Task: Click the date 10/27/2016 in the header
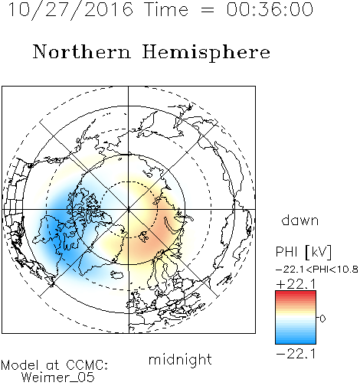click(70, 10)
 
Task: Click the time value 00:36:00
click(270, 9)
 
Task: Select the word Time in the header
click(166, 9)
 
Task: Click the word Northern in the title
click(82, 51)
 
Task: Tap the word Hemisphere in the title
click(206, 53)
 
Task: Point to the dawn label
click(300, 220)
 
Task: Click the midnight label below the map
click(180, 359)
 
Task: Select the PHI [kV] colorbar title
click(303, 252)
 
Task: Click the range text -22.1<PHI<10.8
click(317, 270)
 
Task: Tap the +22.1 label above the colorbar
click(296, 284)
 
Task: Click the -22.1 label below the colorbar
click(296, 354)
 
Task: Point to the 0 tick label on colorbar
click(322, 319)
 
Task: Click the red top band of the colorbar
click(296, 293)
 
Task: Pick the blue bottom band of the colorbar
click(296, 341)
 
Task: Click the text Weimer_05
click(58, 378)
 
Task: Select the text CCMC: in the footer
click(87, 365)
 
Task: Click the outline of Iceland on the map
click(117, 275)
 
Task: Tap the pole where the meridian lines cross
click(129, 210)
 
